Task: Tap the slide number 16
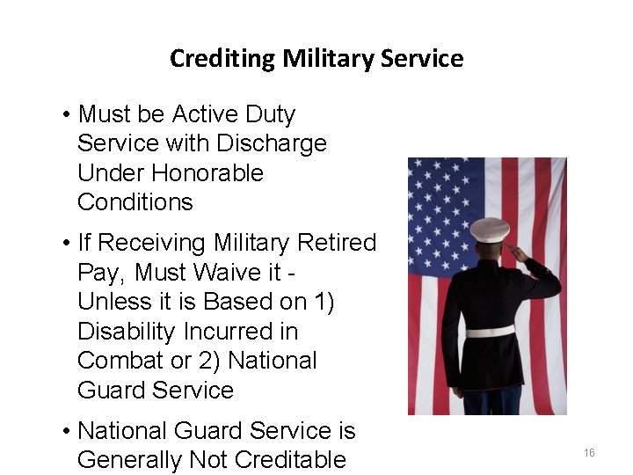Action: tap(589, 453)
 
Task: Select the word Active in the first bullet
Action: tap(206, 114)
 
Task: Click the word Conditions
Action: tap(135, 201)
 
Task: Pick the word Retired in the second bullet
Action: tap(338, 243)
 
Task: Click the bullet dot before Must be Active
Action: tap(67, 115)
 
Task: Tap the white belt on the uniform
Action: tap(490, 332)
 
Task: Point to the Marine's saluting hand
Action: tap(518, 254)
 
